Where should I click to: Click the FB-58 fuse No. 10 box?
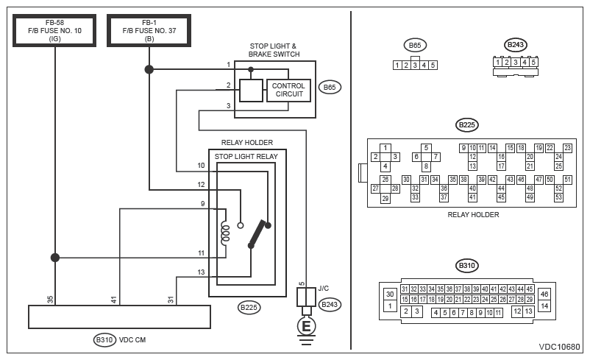[54, 30]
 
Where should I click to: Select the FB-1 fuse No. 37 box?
[149, 30]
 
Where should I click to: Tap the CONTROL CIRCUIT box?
[288, 91]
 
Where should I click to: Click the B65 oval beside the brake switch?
[330, 88]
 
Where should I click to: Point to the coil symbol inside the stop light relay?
[225, 233]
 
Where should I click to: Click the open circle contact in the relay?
[241, 225]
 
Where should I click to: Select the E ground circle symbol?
[306, 326]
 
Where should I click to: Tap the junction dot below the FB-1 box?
[149, 69]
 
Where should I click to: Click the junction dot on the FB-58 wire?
[55, 258]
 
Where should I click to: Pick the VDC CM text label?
[132, 339]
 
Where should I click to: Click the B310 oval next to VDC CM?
[104, 340]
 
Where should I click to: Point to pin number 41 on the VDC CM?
[113, 300]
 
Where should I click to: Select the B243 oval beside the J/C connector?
[330, 304]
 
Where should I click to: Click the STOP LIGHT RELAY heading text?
[246, 157]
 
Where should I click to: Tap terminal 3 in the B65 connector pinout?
[415, 65]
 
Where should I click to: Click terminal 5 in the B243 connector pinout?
[533, 62]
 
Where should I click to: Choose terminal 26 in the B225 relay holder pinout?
[385, 179]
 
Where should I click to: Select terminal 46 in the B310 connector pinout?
[544, 294]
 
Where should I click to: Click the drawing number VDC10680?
[560, 347]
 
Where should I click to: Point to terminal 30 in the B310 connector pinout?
[390, 294]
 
